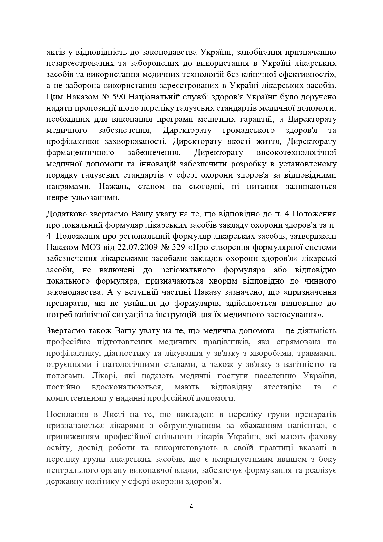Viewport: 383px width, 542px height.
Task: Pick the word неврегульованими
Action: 83,197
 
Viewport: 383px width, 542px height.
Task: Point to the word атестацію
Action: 283,387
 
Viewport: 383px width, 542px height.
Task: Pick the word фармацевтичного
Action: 80,153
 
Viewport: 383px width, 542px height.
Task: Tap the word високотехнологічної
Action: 296,153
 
